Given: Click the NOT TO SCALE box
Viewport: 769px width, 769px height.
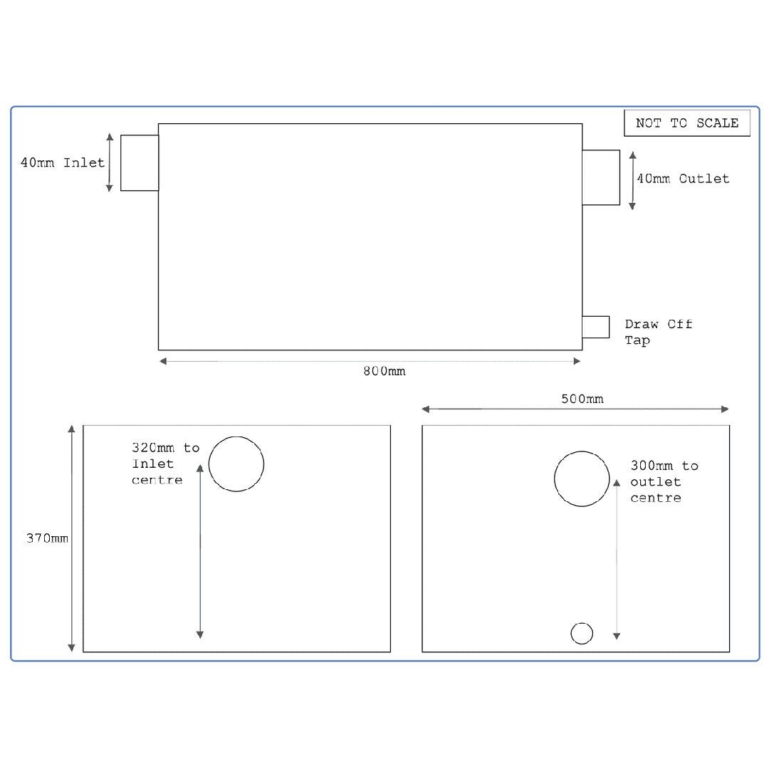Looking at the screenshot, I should (687, 123).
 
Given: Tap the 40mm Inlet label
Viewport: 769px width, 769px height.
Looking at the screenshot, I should (63, 162).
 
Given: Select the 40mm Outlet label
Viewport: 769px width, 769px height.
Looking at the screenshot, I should (683, 179).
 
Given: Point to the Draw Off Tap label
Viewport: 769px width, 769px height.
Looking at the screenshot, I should (658, 332).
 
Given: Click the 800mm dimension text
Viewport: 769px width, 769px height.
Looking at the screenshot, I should (384, 372).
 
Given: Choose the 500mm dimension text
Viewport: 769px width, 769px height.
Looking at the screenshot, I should (582, 399).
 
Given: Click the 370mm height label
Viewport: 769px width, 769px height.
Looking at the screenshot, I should (48, 538).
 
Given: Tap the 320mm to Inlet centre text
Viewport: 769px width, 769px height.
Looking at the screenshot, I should (165, 464).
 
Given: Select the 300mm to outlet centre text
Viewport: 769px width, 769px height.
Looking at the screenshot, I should (664, 481).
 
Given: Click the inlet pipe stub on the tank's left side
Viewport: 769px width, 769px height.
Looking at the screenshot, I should (140, 162).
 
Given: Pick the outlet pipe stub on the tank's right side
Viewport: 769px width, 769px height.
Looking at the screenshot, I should (601, 177).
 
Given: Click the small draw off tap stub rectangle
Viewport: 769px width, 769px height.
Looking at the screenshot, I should (596, 327).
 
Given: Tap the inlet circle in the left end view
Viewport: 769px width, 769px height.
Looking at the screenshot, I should (236, 464).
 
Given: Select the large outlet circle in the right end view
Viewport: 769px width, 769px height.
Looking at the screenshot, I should (582, 478).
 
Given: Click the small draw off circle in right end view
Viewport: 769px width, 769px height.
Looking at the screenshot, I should (582, 633).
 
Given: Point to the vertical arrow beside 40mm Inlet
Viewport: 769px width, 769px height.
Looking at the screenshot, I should (110, 162).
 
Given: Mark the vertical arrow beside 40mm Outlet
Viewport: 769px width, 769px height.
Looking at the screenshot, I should (632, 180).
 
